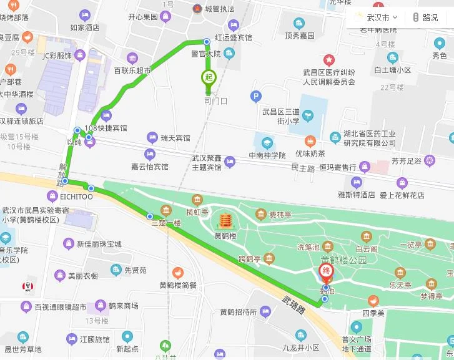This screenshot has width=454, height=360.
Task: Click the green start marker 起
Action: (207, 78)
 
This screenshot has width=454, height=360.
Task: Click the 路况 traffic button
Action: (425, 17)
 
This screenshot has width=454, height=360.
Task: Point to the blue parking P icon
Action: (255, 96)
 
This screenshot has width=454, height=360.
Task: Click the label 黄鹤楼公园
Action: (344, 260)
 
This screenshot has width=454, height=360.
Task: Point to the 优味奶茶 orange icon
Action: (310, 141)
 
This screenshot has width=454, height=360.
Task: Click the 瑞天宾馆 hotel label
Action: (175, 137)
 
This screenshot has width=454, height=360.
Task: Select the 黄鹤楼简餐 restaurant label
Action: (177, 285)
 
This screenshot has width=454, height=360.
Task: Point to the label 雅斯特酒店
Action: (356, 195)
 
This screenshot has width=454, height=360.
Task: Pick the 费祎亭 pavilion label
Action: (280, 215)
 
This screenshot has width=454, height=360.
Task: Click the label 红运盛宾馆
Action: (233, 37)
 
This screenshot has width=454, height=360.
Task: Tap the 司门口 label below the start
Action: (216, 100)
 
